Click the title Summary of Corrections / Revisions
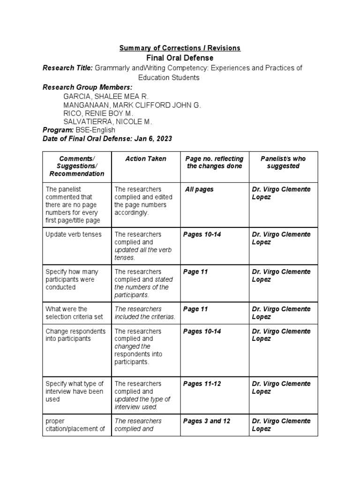(x=180, y=48)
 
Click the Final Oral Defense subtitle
(x=180, y=58)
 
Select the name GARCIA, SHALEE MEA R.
(x=105, y=97)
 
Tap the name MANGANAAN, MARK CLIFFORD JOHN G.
(x=132, y=105)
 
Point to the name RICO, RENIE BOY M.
(x=98, y=113)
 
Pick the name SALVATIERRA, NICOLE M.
(x=108, y=122)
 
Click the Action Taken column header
(x=145, y=159)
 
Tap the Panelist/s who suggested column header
(x=283, y=163)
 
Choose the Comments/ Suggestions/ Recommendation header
(x=77, y=166)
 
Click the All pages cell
(x=199, y=189)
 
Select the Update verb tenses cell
(x=74, y=234)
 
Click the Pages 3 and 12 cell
(x=207, y=421)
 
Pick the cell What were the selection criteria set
(x=74, y=313)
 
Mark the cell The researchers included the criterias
(x=145, y=313)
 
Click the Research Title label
(x=67, y=68)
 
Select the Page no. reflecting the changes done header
(x=214, y=163)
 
